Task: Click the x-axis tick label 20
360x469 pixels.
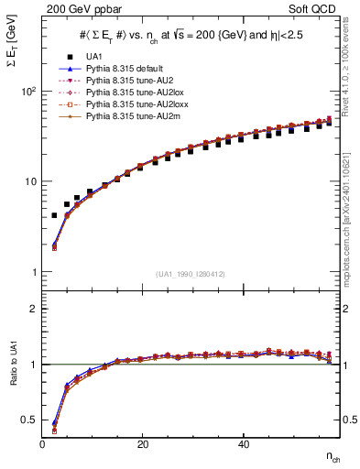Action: [x=142, y=443]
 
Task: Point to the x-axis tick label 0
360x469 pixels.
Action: [x=42, y=443]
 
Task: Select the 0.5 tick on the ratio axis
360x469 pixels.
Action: [x=27, y=420]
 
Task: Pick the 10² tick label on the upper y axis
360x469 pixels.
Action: [x=27, y=92]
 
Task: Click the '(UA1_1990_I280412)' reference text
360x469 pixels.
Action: [x=192, y=274]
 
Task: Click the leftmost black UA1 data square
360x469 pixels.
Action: [x=54, y=215]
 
